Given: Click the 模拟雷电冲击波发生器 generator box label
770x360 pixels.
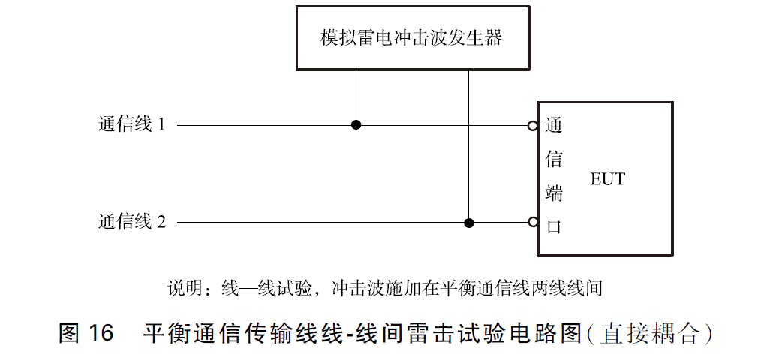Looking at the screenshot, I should pyautogui.click(x=411, y=38).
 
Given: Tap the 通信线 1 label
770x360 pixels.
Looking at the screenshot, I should pyautogui.click(x=131, y=125).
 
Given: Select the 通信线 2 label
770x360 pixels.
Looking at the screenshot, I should pyautogui.click(x=131, y=222).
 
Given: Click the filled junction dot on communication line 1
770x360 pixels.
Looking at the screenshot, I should pyautogui.click(x=356, y=125).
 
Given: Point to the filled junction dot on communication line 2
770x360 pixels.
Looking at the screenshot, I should pyautogui.click(x=469, y=223).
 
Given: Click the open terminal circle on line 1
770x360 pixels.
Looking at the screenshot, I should pyautogui.click(x=532, y=126).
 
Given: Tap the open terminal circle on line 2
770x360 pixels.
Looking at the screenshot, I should pyautogui.click(x=532, y=223).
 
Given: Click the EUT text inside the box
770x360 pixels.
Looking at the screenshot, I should pyautogui.click(x=607, y=180).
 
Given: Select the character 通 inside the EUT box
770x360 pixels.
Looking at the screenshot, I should pyautogui.click(x=554, y=125).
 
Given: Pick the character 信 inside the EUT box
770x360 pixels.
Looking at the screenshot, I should pyautogui.click(x=554, y=159).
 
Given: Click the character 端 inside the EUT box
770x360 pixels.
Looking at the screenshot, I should pyautogui.click(x=554, y=193).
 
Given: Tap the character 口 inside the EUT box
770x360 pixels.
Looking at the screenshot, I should pyautogui.click(x=554, y=227).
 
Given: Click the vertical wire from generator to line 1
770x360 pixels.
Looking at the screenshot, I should pyautogui.click(x=356, y=96).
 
